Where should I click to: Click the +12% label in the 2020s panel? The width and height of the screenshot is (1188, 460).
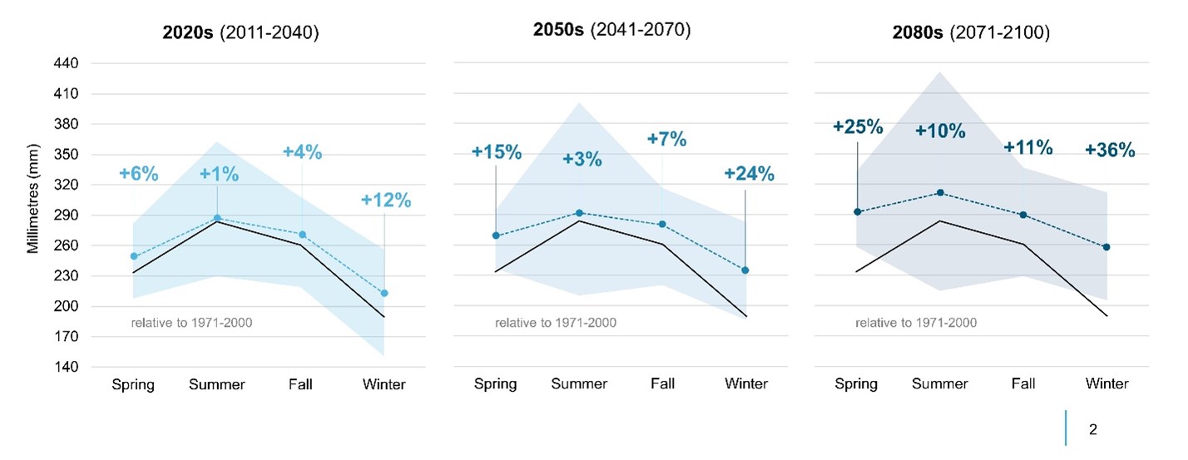(x=385, y=200)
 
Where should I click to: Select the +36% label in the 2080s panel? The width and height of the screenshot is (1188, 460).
(x=1110, y=150)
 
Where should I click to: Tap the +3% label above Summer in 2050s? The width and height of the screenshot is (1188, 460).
(x=582, y=159)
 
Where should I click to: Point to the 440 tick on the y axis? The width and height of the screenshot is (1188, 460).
(x=67, y=63)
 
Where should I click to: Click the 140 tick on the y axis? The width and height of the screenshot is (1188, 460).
(x=67, y=367)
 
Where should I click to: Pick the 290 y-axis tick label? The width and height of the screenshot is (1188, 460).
(x=67, y=215)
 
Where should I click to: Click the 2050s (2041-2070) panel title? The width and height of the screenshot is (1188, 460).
(x=611, y=30)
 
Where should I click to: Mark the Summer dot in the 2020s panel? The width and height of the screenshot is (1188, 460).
(x=217, y=218)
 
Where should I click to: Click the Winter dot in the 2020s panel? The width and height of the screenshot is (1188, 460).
(x=384, y=293)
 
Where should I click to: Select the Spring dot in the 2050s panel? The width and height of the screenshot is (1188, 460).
(x=496, y=235)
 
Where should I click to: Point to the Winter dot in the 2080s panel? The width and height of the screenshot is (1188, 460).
(x=1106, y=247)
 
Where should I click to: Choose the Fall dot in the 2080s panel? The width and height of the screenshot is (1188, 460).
(x=1023, y=215)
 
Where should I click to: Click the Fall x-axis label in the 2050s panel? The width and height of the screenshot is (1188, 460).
(x=662, y=384)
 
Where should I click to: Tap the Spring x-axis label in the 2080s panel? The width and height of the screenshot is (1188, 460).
(x=856, y=384)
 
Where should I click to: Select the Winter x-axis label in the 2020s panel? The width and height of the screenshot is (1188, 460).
(x=384, y=384)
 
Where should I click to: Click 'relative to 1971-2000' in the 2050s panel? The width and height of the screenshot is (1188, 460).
(x=556, y=323)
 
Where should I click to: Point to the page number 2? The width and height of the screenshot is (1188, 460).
(x=1092, y=430)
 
